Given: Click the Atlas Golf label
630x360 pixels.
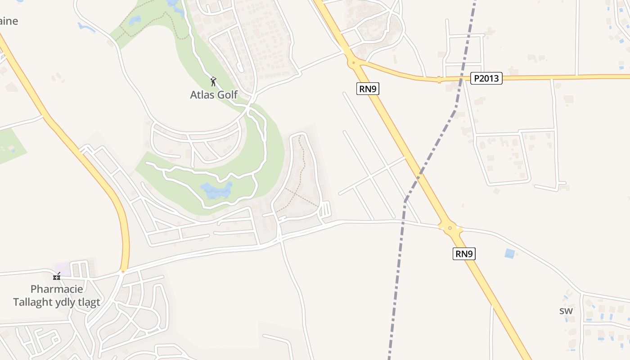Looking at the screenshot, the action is pyautogui.click(x=214, y=94).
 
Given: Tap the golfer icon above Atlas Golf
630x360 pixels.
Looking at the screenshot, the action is pyautogui.click(x=214, y=81).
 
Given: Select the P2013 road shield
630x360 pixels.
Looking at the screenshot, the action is pyautogui.click(x=486, y=78).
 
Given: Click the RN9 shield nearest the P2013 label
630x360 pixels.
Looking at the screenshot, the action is pyautogui.click(x=368, y=89).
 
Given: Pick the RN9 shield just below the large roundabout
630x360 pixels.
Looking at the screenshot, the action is pyautogui.click(x=464, y=254).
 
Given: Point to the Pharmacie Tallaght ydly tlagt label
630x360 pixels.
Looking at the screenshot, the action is pyautogui.click(x=57, y=295).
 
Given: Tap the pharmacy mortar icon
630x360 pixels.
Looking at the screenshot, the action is pyautogui.click(x=57, y=276).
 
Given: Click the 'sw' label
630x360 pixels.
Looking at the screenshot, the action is pyautogui.click(x=566, y=310).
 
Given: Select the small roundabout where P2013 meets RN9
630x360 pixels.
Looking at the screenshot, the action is pyautogui.click(x=354, y=63).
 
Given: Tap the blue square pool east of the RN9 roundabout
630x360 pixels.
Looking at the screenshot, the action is pyautogui.click(x=509, y=253).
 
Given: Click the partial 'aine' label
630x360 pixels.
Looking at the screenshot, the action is pyautogui.click(x=9, y=21).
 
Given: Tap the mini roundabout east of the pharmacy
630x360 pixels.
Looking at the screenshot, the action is pyautogui.click(x=123, y=271).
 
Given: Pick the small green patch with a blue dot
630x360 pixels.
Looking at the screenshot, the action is pyautogui.click(x=10, y=146).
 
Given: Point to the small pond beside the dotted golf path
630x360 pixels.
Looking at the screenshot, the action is pyautogui.click(x=135, y=20).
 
